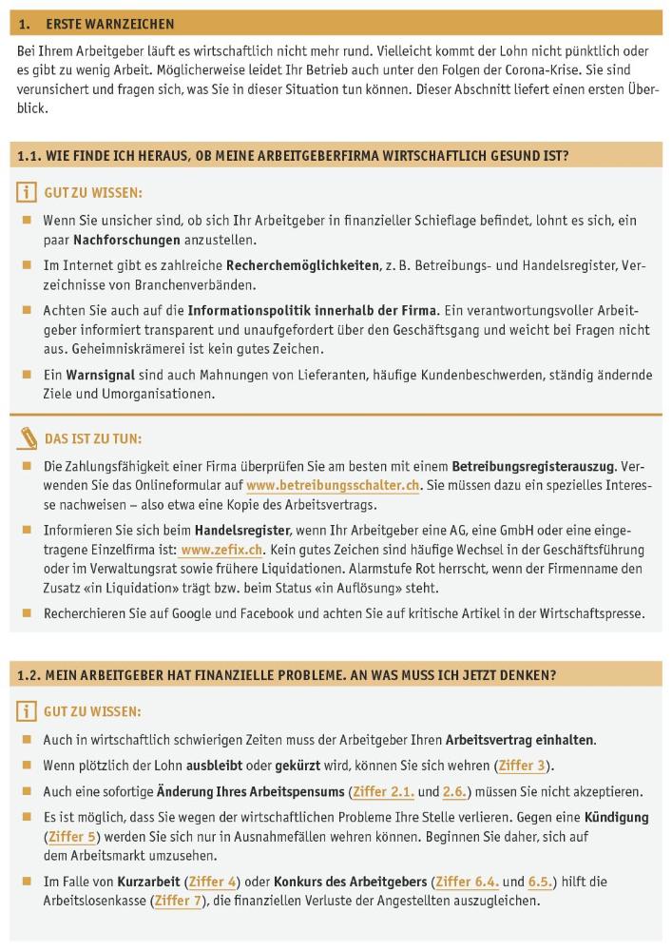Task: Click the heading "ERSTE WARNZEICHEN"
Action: click(x=109, y=23)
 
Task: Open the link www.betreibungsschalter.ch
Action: click(x=333, y=485)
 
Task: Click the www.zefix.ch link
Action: click(x=208, y=550)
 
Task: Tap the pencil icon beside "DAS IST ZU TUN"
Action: click(x=29, y=439)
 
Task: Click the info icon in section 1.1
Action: click(x=27, y=193)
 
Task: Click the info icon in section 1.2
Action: click(x=27, y=711)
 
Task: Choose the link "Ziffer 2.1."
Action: click(x=384, y=791)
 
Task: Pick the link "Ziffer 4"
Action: click(x=212, y=882)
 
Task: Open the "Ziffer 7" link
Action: click(x=178, y=901)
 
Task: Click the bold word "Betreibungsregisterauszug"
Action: click(x=533, y=466)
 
